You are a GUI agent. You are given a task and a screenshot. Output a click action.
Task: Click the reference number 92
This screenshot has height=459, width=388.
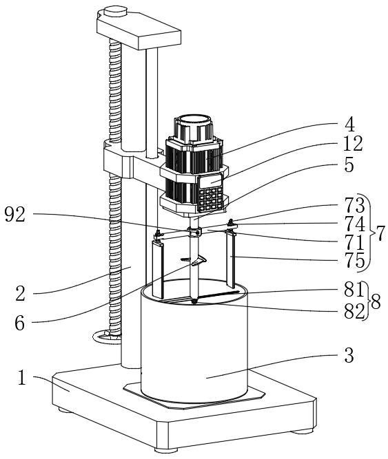(15, 215)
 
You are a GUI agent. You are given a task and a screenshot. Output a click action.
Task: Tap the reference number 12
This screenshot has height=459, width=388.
(353, 143)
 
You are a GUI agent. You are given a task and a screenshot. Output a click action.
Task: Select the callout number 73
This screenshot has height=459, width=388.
(355, 205)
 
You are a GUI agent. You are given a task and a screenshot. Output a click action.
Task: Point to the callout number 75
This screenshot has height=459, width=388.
(355, 260)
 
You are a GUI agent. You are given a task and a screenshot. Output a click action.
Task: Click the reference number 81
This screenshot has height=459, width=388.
(354, 290)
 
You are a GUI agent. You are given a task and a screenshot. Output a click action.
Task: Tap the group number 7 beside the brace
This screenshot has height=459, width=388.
(380, 233)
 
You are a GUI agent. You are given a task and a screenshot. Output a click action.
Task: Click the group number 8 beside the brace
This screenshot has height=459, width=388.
(376, 301)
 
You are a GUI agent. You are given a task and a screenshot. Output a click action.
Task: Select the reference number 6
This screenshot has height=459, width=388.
(19, 323)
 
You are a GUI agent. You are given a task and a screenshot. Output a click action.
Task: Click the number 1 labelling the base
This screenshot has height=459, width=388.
(22, 378)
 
